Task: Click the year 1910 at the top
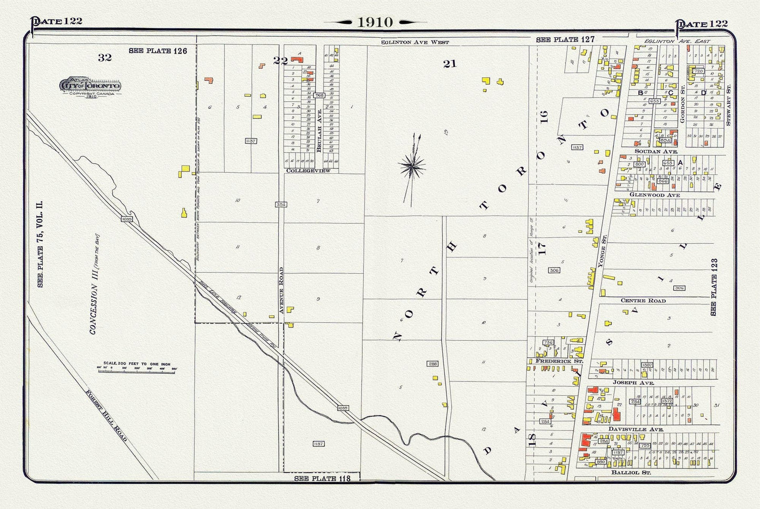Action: [x=375, y=22]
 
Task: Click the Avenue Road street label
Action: [x=281, y=291]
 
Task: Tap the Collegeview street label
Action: [x=308, y=171]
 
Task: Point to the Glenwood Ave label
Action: [x=654, y=195]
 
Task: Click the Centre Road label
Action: [x=643, y=301]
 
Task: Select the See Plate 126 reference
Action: [x=158, y=51]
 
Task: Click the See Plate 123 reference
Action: [x=714, y=287]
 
